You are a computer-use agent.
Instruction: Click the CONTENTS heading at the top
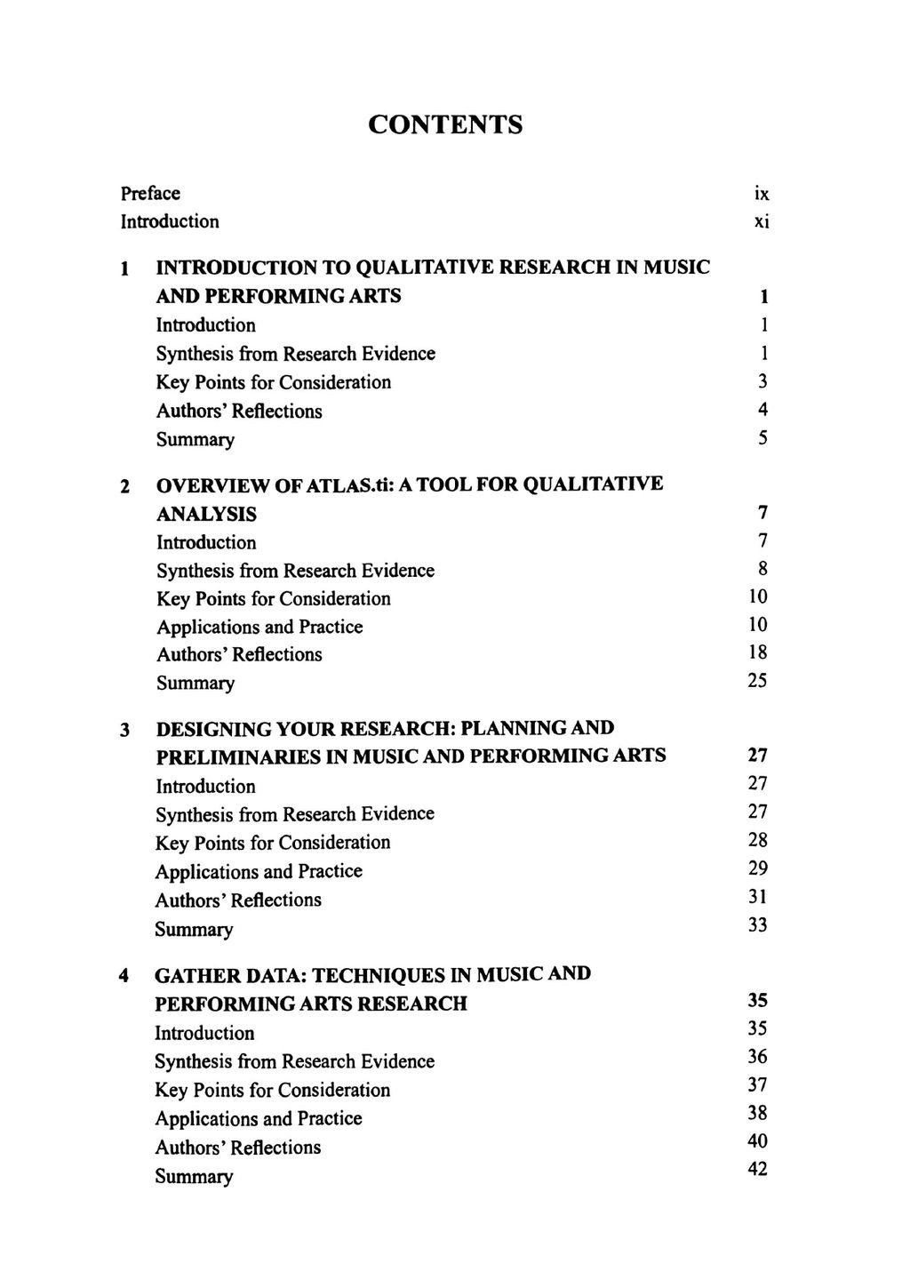[445, 124]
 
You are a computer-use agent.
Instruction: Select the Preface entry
[150, 193]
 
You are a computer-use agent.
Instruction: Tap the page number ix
[761, 193]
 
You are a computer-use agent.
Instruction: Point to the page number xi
[761, 221]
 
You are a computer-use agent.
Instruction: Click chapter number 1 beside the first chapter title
[126, 268]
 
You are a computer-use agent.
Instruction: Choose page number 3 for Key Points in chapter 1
[762, 381]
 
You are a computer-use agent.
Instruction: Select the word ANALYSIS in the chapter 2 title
[206, 514]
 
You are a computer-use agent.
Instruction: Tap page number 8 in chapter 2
[762, 569]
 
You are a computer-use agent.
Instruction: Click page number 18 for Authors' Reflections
[758, 652]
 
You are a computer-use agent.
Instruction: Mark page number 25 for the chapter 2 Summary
[758, 681]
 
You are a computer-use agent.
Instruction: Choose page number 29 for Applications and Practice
[758, 868]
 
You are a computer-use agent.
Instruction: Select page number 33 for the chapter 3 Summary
[758, 925]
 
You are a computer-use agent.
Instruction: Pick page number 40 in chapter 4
[758, 1140]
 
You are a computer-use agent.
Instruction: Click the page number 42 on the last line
[758, 1169]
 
